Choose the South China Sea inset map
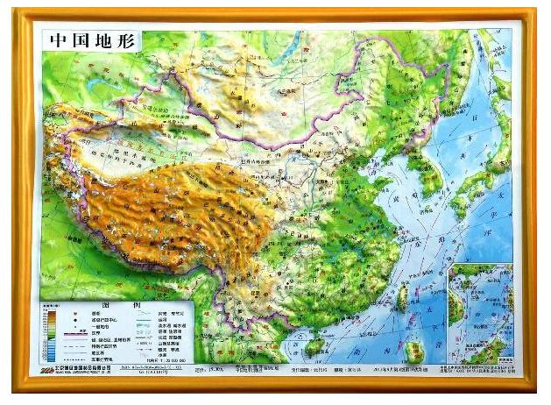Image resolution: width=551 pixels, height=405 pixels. tap(479, 315)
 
